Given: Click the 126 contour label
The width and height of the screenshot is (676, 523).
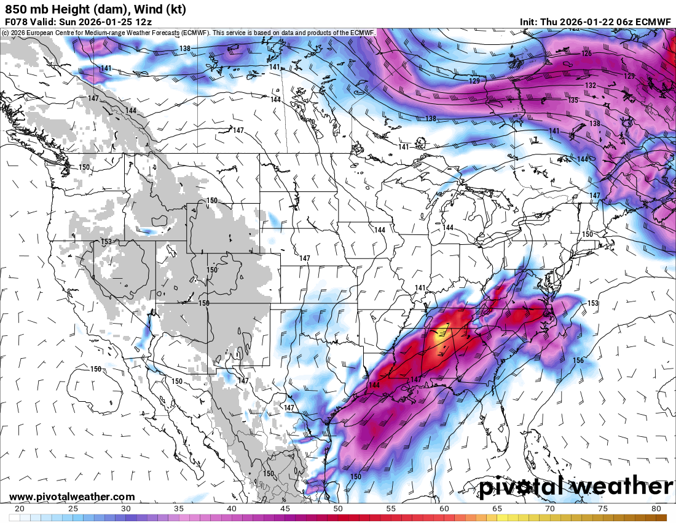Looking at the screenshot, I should coord(586,54).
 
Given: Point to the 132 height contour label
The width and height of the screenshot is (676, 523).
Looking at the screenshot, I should coord(590,86).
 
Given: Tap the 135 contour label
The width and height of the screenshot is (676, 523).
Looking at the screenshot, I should coord(573,100).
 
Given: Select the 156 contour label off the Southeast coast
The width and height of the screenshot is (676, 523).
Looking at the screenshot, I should coord(578,361).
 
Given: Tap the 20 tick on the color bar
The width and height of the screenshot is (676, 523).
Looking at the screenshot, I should coord(20,509).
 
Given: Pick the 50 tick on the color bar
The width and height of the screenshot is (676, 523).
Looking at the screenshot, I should coord(337,509).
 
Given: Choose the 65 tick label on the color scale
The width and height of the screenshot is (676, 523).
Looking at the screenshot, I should coord(497,509).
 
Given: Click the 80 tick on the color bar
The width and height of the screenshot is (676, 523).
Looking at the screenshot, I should coord(656,509).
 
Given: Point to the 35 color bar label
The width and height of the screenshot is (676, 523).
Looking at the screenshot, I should coord(179,509).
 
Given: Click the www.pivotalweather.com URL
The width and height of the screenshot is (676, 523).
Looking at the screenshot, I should coord(72,497).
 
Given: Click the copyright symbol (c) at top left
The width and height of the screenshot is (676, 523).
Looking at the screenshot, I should coord(5,32).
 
